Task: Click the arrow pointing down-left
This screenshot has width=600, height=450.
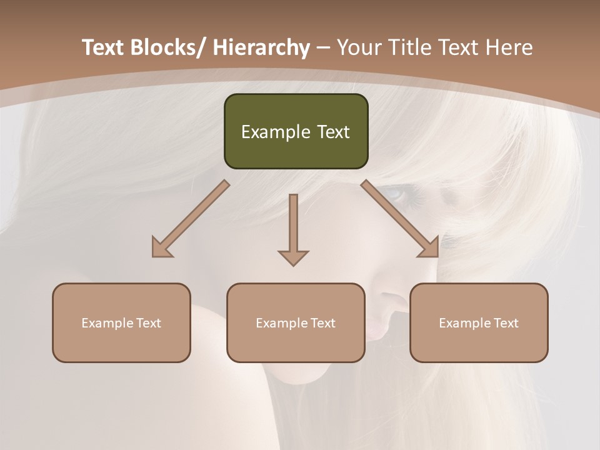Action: [191, 219]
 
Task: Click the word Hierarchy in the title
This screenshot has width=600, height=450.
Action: [261, 47]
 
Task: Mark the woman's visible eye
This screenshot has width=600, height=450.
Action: [394, 194]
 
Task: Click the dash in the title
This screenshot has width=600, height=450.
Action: [323, 48]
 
